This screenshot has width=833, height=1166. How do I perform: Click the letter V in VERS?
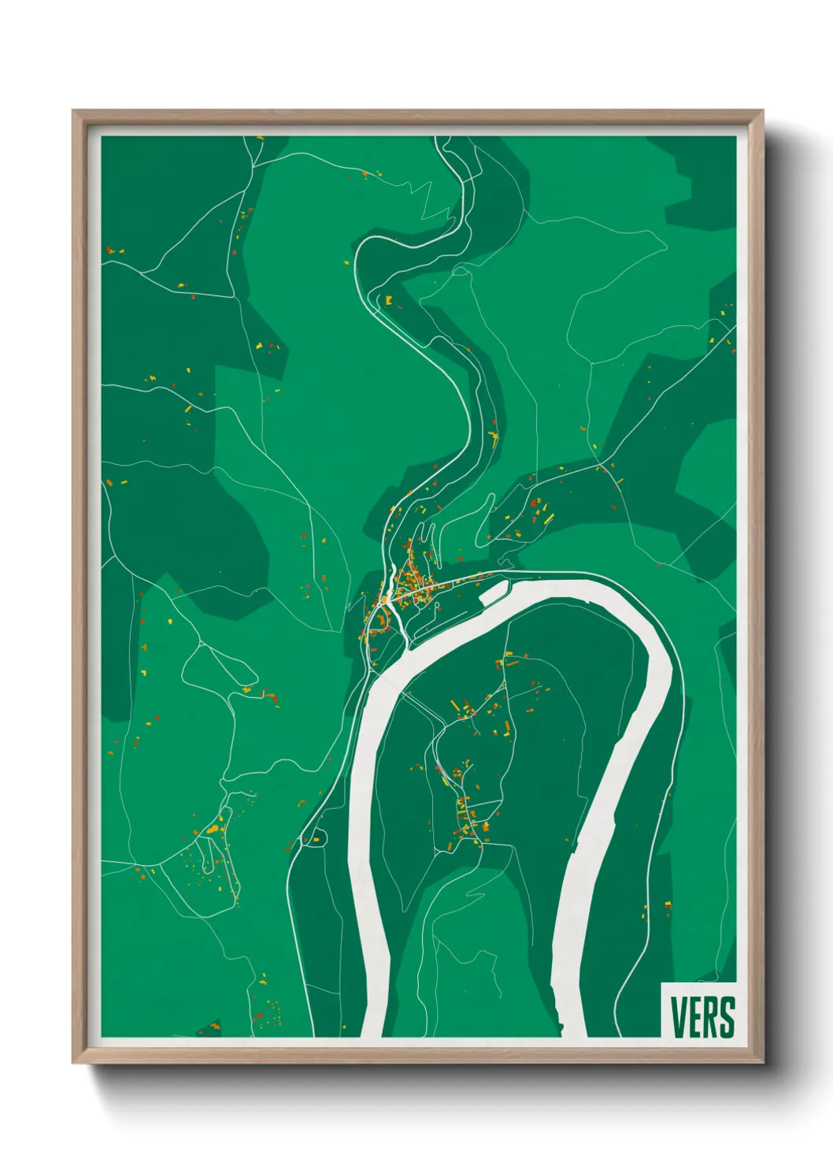pos(678,1017)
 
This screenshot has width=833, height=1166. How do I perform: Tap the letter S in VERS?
pos(727,1017)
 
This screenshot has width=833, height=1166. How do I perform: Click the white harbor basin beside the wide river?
pos(491,594)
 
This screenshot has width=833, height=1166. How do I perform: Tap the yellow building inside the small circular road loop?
pos(317,839)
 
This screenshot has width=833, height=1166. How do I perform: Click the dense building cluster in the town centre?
pos(409,587)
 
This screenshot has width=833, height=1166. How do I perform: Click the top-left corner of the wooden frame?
pos(74,112)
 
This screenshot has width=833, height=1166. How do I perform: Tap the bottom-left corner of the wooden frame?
pos(74,1062)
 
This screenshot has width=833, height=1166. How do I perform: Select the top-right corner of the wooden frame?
pos(761,112)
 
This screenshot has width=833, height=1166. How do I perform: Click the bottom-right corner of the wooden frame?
pos(761,1062)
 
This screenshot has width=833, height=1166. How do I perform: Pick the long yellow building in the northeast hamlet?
pos(548,520)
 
